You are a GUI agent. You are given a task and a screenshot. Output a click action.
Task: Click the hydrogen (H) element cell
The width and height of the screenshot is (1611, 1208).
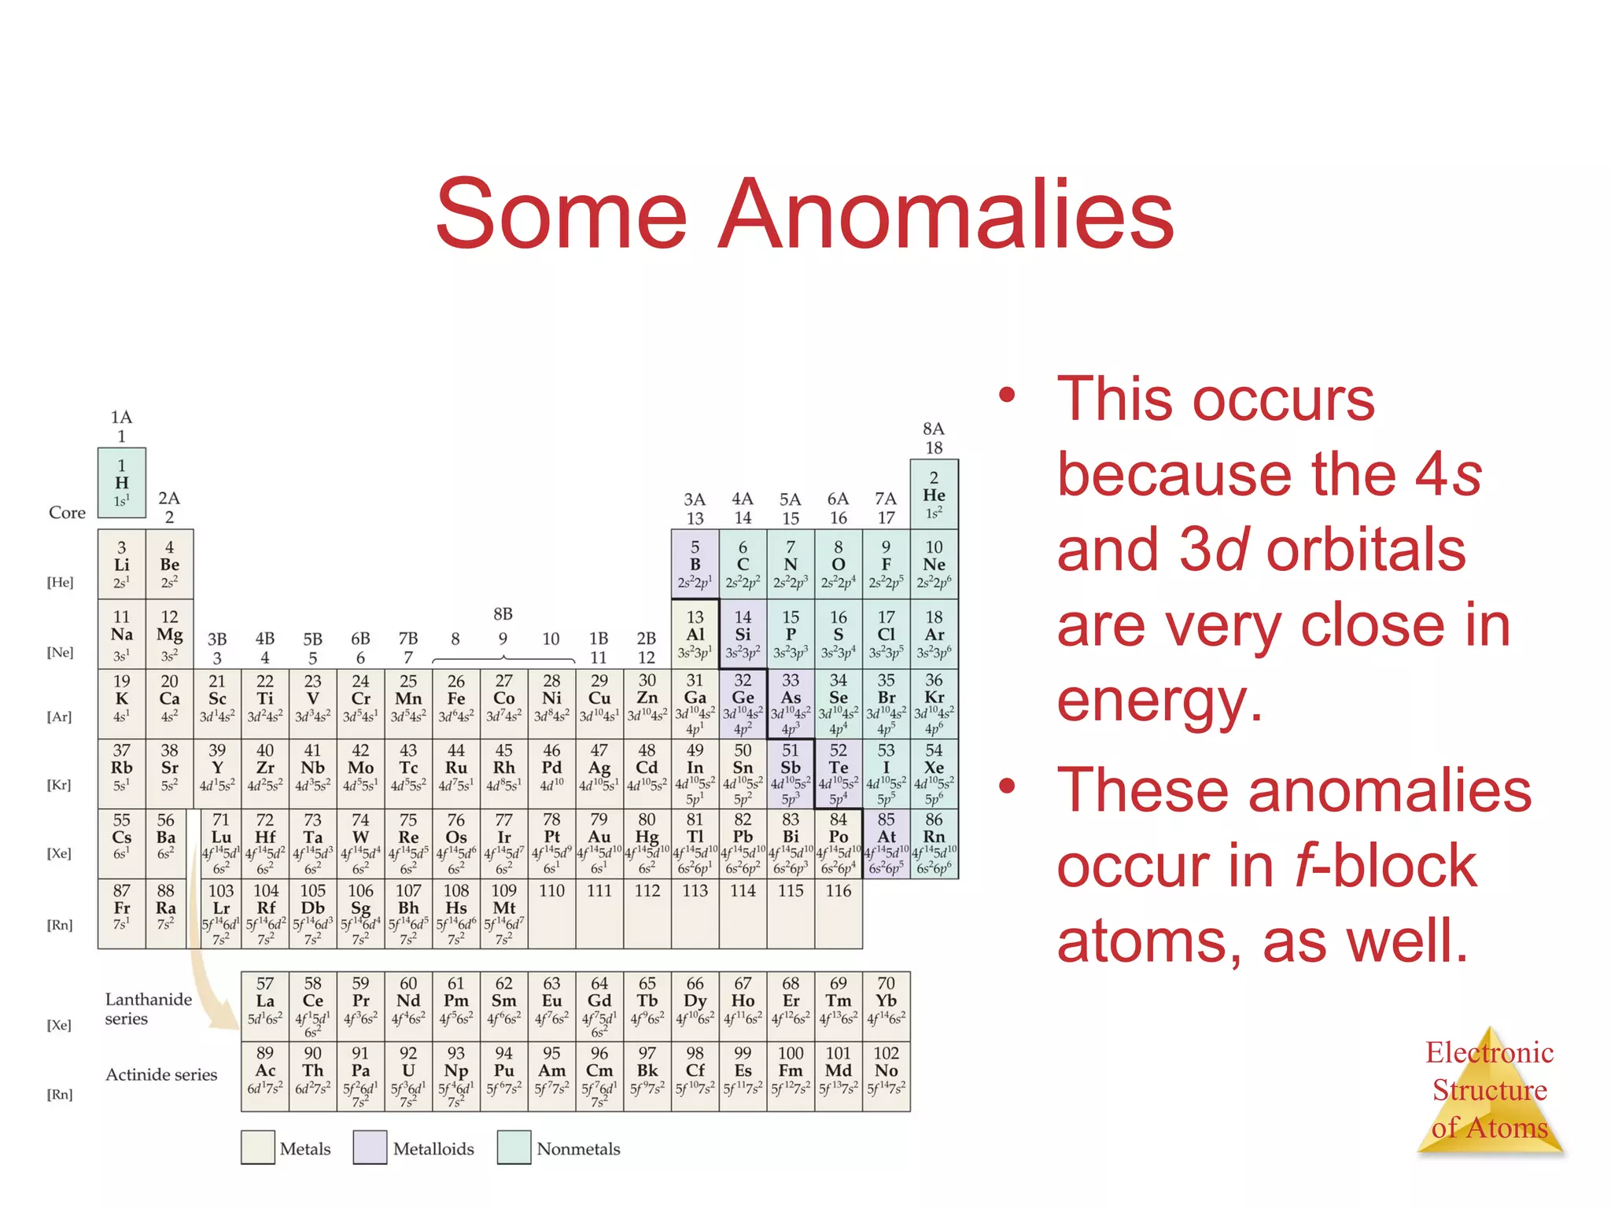[121, 483]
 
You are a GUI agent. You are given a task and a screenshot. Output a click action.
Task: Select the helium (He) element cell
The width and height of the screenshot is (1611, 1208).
[934, 495]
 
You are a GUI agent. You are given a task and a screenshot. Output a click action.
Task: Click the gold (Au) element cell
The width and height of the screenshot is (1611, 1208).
[599, 844]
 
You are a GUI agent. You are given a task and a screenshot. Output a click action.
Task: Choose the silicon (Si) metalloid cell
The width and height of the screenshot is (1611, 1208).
[743, 634]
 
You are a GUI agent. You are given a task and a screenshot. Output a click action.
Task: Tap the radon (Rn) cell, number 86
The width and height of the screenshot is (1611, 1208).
[934, 844]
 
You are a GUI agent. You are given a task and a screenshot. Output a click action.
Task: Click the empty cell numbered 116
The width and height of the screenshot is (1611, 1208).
[839, 913]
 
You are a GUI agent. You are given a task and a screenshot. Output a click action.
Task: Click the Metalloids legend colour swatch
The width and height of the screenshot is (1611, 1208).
[370, 1147]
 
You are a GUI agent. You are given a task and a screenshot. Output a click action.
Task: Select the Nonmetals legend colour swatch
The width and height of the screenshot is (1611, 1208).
[514, 1147]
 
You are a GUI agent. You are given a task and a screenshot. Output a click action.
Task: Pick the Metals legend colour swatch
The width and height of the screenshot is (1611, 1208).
[258, 1147]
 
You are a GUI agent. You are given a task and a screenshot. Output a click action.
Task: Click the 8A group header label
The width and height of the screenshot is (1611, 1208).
[934, 429]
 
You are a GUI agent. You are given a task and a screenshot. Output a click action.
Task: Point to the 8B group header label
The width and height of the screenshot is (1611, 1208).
[503, 614]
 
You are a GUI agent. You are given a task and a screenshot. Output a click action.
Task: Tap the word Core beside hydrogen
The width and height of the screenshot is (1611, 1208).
[67, 513]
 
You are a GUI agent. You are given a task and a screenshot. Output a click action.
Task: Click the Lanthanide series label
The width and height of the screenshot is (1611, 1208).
[148, 1009]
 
